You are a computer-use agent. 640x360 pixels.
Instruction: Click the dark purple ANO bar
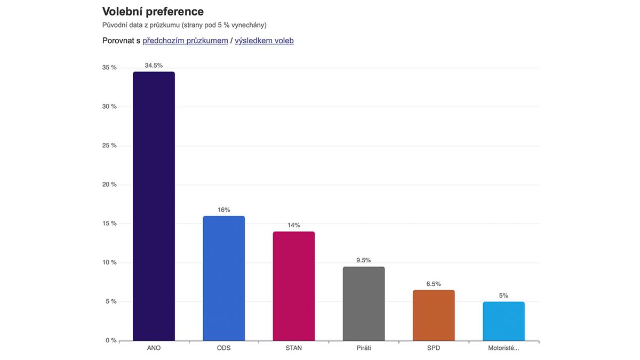[x=154, y=206]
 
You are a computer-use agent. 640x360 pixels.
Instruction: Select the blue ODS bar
[x=223, y=278]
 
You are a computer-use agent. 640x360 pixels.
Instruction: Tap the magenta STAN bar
[x=293, y=286]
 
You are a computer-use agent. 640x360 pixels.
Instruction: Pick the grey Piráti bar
[x=363, y=303]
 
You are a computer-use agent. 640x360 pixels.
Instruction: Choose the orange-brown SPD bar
[x=434, y=315]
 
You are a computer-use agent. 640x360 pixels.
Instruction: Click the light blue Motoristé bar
[x=503, y=321]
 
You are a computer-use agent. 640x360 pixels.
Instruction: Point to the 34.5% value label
[x=154, y=66]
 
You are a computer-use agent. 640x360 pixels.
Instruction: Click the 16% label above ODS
[x=223, y=210]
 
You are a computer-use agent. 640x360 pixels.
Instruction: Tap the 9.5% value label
[x=363, y=260]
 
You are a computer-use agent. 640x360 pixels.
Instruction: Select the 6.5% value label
[x=434, y=284]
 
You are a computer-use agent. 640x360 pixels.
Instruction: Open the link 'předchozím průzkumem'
[x=185, y=41]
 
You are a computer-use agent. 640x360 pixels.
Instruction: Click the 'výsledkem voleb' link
[x=264, y=41]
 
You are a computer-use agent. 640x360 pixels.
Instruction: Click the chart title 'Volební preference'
[x=153, y=11]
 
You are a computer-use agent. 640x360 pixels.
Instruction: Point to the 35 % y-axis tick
[x=109, y=68]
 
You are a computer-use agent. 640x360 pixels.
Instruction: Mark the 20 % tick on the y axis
[x=109, y=185]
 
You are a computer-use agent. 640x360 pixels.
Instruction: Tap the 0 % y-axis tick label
[x=110, y=340]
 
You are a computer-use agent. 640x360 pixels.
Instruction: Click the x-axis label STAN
[x=293, y=348]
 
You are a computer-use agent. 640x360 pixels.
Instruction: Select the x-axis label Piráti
[x=363, y=348]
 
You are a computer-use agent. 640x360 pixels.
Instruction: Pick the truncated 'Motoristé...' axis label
[x=503, y=348]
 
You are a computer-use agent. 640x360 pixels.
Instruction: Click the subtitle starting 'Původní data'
[x=184, y=25]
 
